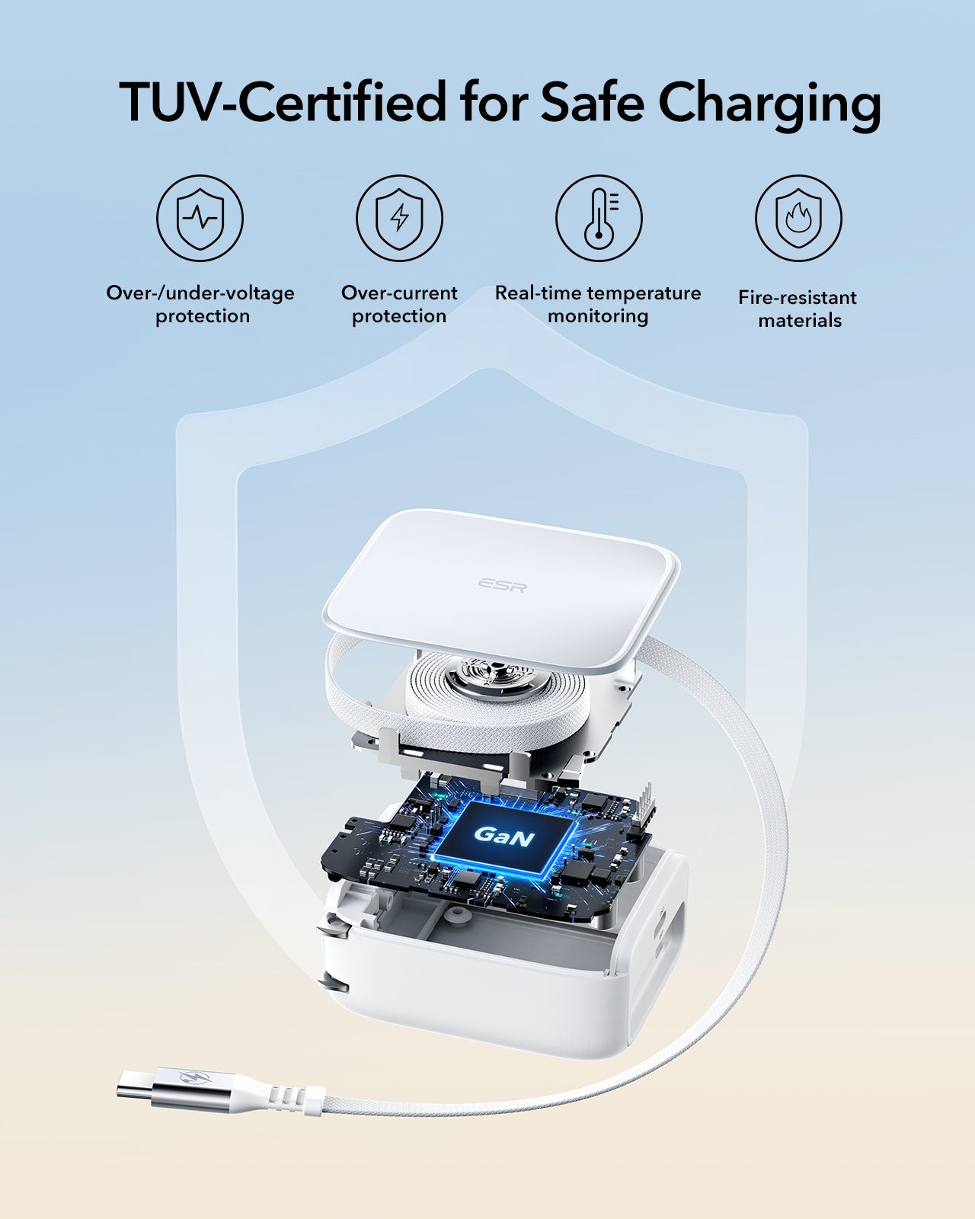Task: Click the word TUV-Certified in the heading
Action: pyautogui.click(x=282, y=101)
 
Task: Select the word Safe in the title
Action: pyautogui.click(x=592, y=101)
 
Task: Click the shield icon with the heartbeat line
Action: pyautogui.click(x=200, y=218)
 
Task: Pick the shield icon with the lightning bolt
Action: pyautogui.click(x=399, y=218)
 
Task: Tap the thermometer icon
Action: pyautogui.click(x=599, y=218)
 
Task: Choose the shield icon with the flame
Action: pyautogui.click(x=799, y=218)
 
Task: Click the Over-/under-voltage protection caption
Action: pyautogui.click(x=201, y=304)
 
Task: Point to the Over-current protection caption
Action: pyautogui.click(x=399, y=304)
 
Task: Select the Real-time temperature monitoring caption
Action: pyautogui.click(x=598, y=304)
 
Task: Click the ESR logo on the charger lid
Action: pyautogui.click(x=503, y=585)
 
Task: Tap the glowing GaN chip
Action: pyautogui.click(x=503, y=836)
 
